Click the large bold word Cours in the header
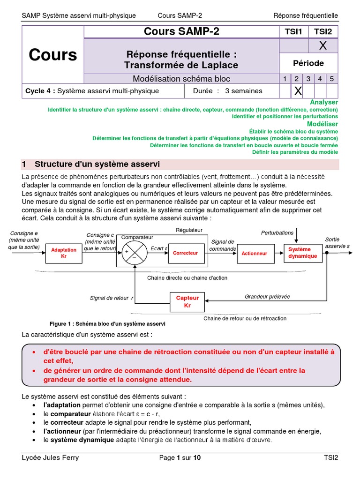click(x=52, y=55)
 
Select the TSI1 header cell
click(x=293, y=31)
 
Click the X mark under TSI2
click(x=322, y=45)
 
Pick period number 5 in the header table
click(x=331, y=79)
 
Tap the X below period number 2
click(x=297, y=91)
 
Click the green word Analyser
click(x=324, y=102)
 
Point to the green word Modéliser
click(x=322, y=124)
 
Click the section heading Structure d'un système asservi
click(x=97, y=164)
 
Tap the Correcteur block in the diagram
click(x=185, y=253)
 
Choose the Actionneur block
click(x=254, y=253)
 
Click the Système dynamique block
click(x=302, y=253)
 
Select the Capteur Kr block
click(x=187, y=301)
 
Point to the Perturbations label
click(x=277, y=233)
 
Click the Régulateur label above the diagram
click(x=189, y=230)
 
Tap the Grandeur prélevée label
click(x=267, y=296)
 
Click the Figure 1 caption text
click(x=107, y=324)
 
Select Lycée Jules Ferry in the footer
click(x=50, y=457)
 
